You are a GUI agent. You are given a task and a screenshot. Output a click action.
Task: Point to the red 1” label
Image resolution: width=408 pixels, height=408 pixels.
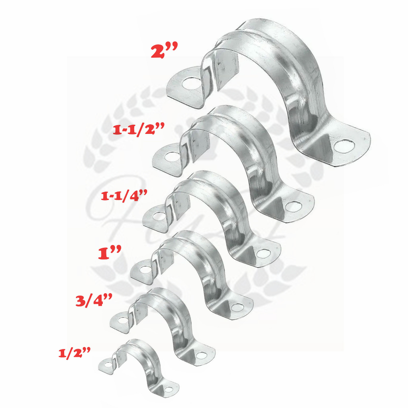coord(110,253)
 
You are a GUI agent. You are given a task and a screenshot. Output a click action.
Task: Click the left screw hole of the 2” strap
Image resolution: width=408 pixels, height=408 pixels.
coord(192,84)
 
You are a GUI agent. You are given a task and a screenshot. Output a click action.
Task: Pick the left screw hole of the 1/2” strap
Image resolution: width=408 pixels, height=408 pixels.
coord(106,363)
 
